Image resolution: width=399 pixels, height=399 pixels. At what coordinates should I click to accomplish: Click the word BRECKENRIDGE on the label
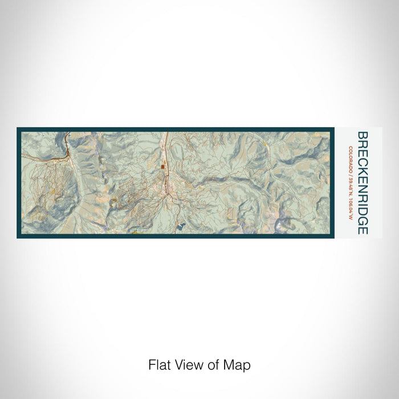[x=362, y=182]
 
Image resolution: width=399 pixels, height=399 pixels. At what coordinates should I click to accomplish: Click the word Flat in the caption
[x=159, y=364]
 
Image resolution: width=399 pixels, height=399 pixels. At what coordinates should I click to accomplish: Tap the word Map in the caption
[x=238, y=364]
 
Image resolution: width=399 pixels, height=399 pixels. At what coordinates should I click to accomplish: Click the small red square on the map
[x=162, y=167]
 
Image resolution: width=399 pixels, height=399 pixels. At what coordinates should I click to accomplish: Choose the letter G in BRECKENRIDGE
[x=362, y=219]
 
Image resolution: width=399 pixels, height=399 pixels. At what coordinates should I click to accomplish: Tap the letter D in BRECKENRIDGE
[x=362, y=209]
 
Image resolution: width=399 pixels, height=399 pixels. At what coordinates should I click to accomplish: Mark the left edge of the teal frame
[x=19, y=182]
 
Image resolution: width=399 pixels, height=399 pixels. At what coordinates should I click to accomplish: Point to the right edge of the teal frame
[x=331, y=182]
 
